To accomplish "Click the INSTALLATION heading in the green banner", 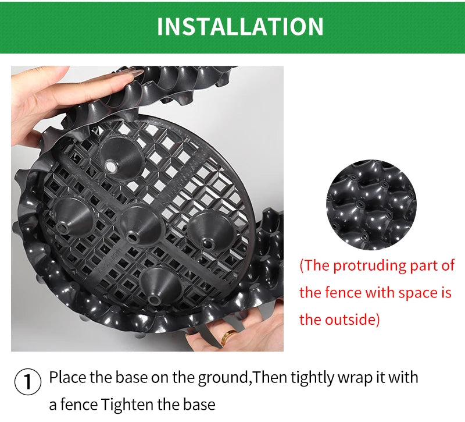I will [240, 27].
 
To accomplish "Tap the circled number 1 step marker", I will [27, 382].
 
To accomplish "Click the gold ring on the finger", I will [228, 336].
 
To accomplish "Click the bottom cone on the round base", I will [160, 287].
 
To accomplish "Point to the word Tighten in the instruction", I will [124, 404].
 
